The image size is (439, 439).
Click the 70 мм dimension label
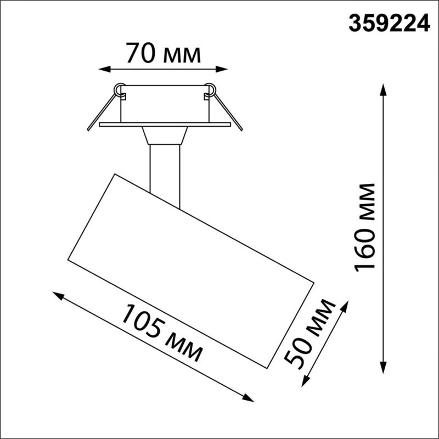163,54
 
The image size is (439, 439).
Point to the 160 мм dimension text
365,227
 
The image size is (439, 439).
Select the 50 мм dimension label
310,333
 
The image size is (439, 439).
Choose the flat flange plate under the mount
165,125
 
